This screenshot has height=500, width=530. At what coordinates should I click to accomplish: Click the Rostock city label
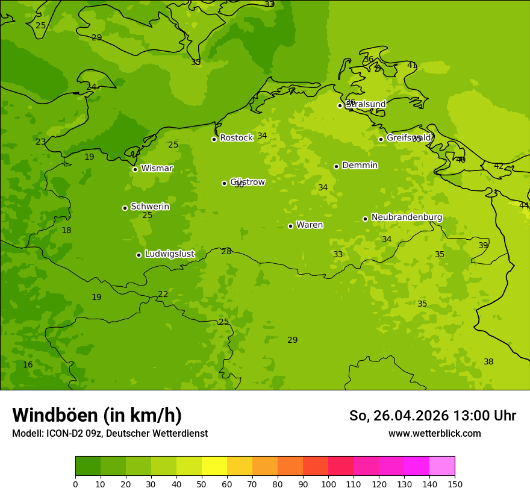coord(236,138)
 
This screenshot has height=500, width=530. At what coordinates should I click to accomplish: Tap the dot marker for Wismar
coord(135,169)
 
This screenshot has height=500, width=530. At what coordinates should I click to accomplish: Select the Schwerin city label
coord(150,207)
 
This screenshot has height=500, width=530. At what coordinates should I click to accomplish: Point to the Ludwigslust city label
coord(169,254)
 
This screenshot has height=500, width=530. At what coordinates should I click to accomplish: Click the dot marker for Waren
coord(290,226)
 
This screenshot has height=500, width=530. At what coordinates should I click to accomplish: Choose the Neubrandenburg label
coord(407,217)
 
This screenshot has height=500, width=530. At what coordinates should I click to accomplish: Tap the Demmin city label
coord(360,165)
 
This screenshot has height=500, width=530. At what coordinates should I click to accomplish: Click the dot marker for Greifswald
coord(381,139)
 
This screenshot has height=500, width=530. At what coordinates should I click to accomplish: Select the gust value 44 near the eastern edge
coord(523,205)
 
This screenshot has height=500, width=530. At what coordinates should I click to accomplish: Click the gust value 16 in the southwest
coord(28,364)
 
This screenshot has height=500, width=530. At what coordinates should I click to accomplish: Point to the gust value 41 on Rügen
coord(412,65)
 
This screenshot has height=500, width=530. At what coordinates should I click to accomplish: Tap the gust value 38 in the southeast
coord(488,361)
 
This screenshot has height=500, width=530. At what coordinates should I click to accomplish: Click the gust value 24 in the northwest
coord(91,87)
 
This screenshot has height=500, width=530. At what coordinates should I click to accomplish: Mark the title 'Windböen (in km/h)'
coord(97,415)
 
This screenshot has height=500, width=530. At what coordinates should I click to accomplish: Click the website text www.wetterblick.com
coord(434,433)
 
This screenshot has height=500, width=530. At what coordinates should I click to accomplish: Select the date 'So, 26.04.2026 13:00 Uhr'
coord(432,416)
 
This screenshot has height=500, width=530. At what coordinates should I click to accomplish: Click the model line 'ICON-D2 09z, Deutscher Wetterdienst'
coord(110,433)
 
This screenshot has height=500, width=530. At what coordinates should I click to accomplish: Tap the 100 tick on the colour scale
coord(328,484)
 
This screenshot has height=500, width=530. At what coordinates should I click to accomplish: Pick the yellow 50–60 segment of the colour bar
coord(214,466)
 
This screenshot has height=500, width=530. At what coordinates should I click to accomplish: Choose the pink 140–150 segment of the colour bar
coord(442,466)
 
